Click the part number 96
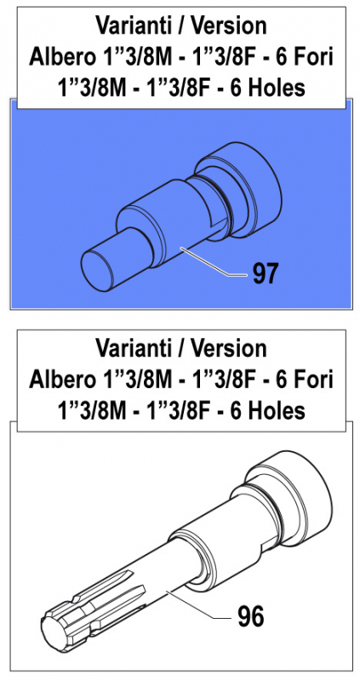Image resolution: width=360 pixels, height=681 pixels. [x=249, y=615]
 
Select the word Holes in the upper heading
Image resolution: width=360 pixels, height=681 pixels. [x=273, y=89]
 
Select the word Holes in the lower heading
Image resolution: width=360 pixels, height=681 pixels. [x=273, y=410]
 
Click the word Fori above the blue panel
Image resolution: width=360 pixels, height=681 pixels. [x=315, y=57]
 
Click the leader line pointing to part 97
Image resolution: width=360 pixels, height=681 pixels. [x=217, y=265]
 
